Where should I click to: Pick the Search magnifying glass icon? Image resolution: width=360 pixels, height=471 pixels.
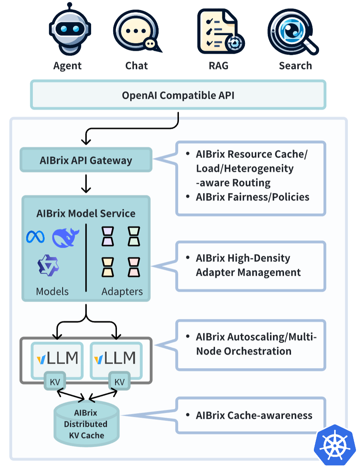pos(293,32)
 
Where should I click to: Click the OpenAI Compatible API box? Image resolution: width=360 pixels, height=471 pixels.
pos(178,95)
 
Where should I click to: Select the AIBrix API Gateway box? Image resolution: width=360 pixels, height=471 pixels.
pos(86,160)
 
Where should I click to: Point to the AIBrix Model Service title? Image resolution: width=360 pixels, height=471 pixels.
pos(86,213)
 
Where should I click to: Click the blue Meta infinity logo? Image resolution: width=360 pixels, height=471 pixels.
pos(35,237)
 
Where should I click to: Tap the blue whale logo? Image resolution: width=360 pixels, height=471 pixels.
pos(65,238)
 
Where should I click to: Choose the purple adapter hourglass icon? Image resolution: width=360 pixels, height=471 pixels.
pos(108,237)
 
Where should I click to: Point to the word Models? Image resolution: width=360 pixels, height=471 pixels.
pos(52,292)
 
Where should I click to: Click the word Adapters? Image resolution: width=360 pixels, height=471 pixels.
pos(122,292)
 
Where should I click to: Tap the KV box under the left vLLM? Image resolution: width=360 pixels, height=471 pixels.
pos(55,382)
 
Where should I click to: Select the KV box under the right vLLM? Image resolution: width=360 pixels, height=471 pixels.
pos(120,382)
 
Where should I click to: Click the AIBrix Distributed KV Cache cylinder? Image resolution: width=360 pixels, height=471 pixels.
pos(86,424)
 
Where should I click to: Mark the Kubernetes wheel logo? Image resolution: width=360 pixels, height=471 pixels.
pos(335,445)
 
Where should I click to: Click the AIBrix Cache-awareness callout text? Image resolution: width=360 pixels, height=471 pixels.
pos(254,416)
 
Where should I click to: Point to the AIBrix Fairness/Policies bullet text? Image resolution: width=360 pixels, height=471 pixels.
pos(253,197)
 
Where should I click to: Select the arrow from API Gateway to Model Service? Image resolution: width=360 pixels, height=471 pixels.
pos(86,183)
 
